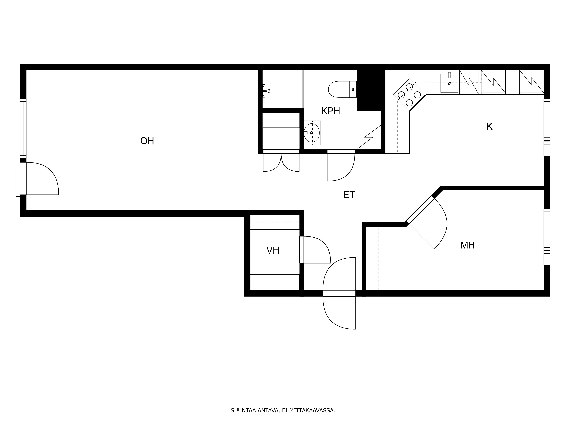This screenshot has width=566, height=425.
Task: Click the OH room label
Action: pos(147,141)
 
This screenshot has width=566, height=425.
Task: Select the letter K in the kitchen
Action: pos(489,127)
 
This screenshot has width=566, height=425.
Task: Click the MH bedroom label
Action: pos(468,245)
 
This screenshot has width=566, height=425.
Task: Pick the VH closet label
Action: pos(273,251)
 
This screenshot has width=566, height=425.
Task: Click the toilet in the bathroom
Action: pos(342,89)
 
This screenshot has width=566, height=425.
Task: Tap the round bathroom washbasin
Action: pos(312,133)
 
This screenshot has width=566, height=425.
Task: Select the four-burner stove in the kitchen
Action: pos(409,95)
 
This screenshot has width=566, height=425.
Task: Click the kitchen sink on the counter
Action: pos(449,83)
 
